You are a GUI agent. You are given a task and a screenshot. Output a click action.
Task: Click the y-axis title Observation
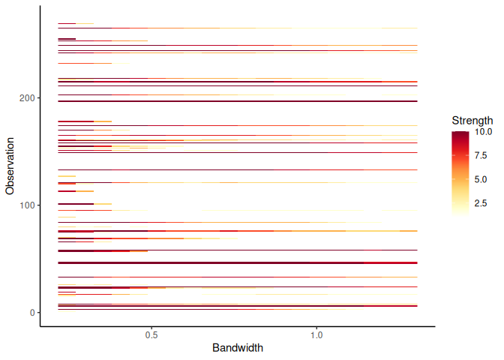pyautogui.click(x=10, y=165)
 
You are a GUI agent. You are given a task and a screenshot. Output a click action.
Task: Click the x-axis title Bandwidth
pyautogui.click(x=238, y=348)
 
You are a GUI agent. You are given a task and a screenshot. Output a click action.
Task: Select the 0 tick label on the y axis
pyautogui.click(x=29, y=312)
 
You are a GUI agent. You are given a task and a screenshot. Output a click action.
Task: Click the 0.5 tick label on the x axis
pyautogui.click(x=151, y=335)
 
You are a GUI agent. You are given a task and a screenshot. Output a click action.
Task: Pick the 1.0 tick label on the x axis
pyautogui.click(x=316, y=335)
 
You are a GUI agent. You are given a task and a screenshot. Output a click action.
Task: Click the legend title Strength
pyautogui.click(x=472, y=120)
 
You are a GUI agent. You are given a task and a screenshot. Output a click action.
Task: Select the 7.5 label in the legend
pyautogui.click(x=480, y=155)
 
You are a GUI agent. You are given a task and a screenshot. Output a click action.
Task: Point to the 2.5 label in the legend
pyautogui.click(x=480, y=202)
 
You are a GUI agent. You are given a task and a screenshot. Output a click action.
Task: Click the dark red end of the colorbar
pyautogui.click(x=460, y=133)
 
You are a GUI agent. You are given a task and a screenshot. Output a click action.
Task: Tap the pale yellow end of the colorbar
pyautogui.click(x=460, y=214)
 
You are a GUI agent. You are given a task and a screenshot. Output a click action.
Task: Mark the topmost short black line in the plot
pyautogui.click(x=67, y=24)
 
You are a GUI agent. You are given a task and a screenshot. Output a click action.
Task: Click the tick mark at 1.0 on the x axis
pyautogui.click(x=316, y=328)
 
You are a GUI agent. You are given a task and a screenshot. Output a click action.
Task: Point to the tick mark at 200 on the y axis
pyautogui.click(x=37, y=98)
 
